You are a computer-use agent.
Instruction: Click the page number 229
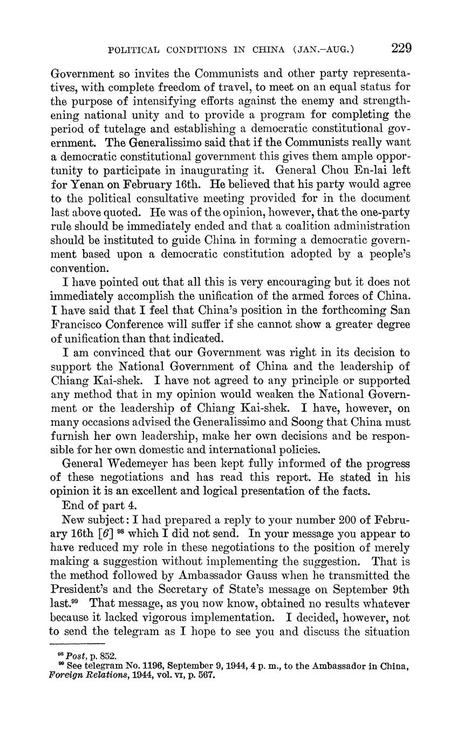pyautogui.click(x=401, y=49)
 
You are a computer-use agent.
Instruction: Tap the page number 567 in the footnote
pyautogui.click(x=206, y=674)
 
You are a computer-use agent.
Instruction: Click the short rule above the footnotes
pyautogui.click(x=77, y=644)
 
